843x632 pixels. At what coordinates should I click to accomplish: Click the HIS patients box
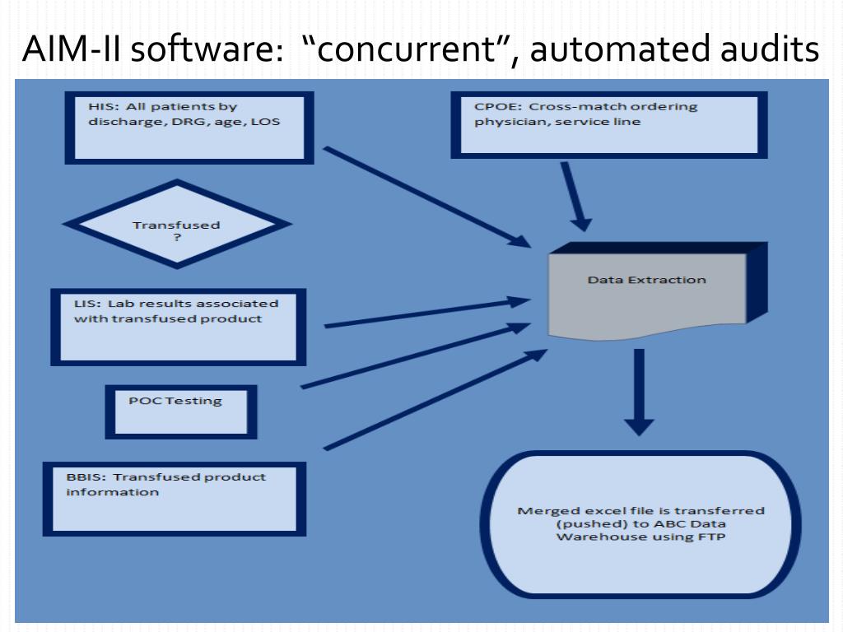click(189, 127)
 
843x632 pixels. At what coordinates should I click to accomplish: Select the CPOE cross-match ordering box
click(608, 124)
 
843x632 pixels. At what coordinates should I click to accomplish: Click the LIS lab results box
click(178, 327)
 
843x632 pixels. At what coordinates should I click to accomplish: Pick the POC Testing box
click(180, 411)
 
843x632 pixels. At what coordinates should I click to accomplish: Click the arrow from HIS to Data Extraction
click(428, 197)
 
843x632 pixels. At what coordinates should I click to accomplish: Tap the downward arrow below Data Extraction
click(639, 392)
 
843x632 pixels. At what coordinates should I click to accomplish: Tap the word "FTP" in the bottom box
click(713, 537)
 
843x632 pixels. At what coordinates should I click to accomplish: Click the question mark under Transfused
click(176, 237)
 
